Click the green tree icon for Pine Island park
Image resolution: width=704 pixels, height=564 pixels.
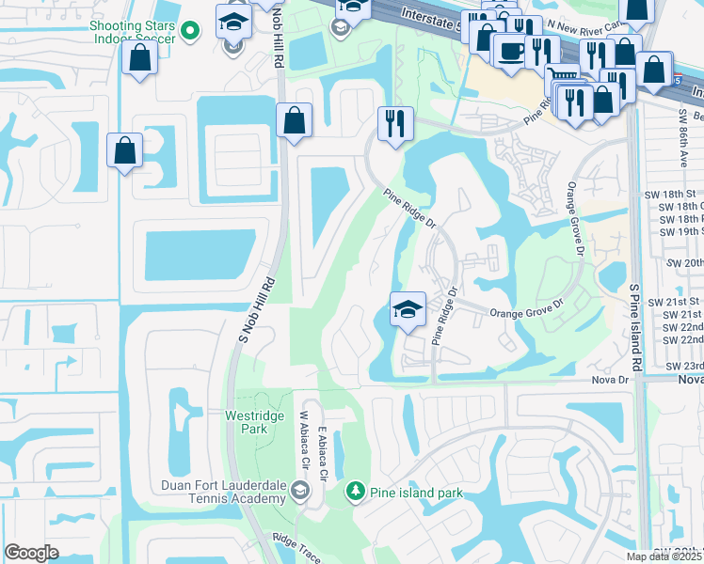point(355,490)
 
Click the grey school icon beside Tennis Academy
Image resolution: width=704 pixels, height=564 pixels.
point(299,490)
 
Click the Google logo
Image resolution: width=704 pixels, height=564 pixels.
point(32,553)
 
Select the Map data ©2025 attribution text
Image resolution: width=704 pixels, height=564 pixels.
point(664,556)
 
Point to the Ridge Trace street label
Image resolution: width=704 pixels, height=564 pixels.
point(295,548)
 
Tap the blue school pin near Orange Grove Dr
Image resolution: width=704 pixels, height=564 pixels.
point(408,309)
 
